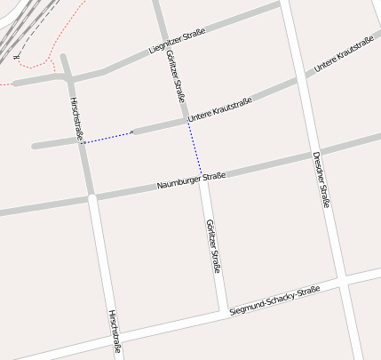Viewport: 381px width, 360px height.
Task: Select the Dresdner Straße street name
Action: tap(321, 180)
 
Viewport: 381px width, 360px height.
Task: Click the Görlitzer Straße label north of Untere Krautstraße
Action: tap(175, 75)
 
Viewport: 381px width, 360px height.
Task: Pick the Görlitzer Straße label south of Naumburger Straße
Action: tap(213, 245)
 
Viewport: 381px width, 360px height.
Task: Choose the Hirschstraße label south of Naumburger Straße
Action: tap(114, 331)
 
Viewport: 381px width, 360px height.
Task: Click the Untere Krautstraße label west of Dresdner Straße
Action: tap(220, 110)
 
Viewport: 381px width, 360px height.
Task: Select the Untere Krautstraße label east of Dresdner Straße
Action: tap(344, 55)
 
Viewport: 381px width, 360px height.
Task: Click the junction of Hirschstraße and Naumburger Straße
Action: tap(91, 196)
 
